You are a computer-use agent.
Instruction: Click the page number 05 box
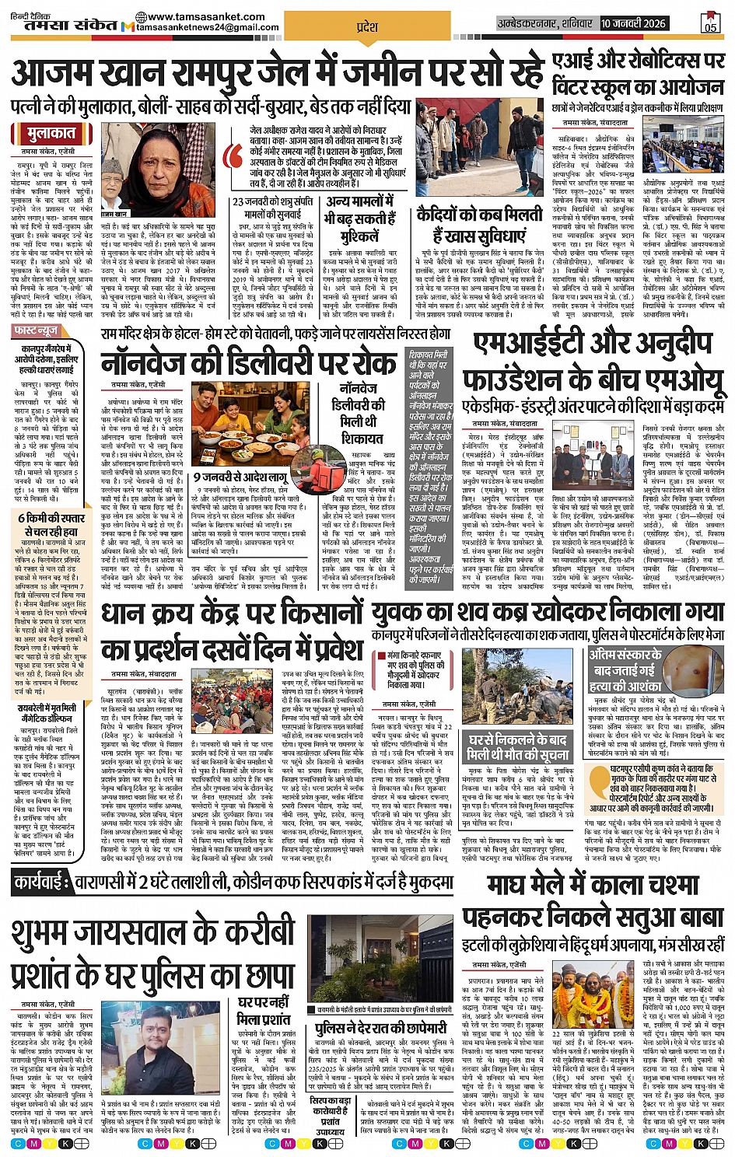pos(710,23)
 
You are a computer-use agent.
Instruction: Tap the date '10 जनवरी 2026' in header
pos(633,24)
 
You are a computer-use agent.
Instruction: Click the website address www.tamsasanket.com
pos(205,16)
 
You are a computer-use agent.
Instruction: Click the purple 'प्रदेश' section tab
pos(366,26)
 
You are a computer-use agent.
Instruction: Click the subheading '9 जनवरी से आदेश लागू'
pos(240,477)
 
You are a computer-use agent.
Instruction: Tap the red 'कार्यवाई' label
pos(44,882)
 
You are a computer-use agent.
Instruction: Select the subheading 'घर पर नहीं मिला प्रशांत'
pos(264,1010)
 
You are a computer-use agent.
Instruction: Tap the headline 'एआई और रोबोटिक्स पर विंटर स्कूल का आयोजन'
pos(638,74)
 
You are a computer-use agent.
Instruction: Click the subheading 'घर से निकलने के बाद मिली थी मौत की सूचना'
pos(517,746)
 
